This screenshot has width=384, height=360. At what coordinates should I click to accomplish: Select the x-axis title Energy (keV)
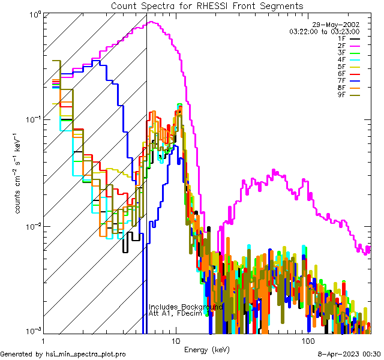(207, 349)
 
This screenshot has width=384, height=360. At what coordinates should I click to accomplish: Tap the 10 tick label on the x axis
(175, 340)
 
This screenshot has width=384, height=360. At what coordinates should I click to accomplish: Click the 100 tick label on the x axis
(307, 340)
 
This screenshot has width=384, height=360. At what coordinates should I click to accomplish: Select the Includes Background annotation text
(185, 307)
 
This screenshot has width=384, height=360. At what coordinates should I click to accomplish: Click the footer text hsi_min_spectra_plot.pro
(86, 354)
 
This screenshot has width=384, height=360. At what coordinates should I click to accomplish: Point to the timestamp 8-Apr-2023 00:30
(348, 354)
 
